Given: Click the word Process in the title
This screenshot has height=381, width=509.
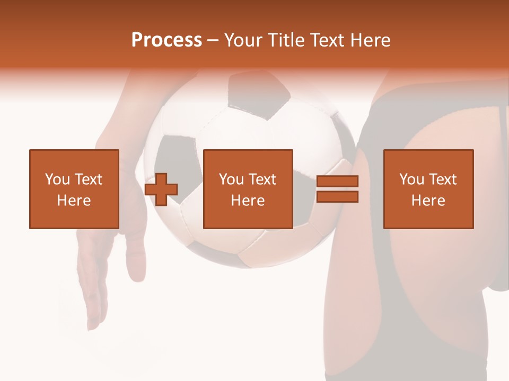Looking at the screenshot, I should [166, 40].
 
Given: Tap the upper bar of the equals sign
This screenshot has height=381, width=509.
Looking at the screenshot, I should [337, 182].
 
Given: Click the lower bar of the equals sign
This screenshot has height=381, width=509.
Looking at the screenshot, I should [337, 197].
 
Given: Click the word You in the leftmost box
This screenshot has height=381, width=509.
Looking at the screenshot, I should [57, 179].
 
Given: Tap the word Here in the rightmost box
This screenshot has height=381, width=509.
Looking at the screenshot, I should [428, 201].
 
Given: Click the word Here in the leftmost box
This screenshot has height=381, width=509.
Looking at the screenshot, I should [74, 201].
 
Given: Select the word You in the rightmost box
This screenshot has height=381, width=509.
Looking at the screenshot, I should [411, 179].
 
